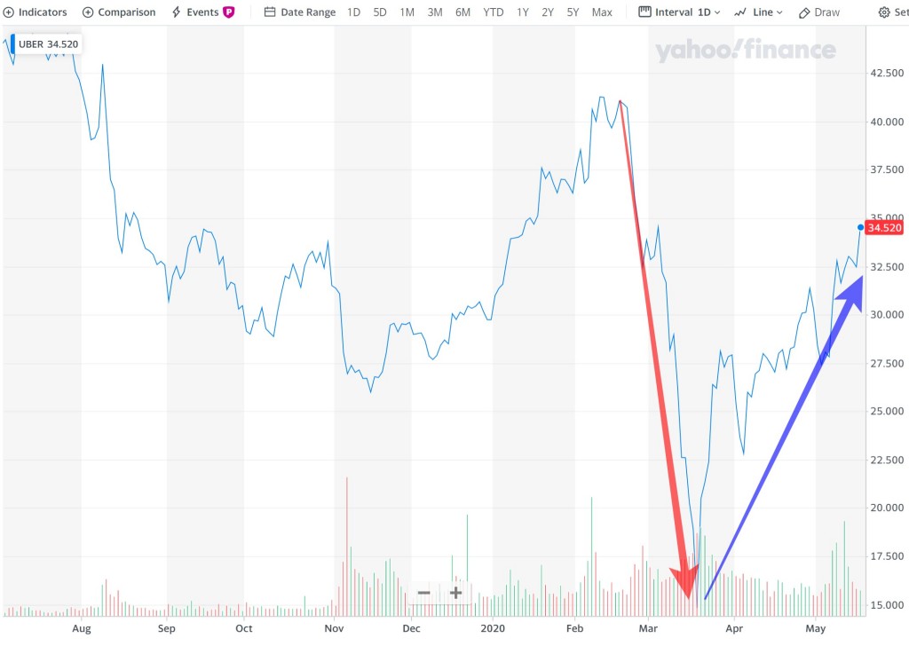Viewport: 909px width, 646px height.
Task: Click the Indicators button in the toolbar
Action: click(36, 12)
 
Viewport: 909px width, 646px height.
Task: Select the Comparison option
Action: click(119, 12)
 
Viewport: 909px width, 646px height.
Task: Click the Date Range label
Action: click(300, 12)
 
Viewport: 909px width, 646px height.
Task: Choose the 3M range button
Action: click(435, 12)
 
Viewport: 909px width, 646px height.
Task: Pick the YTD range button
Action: click(493, 12)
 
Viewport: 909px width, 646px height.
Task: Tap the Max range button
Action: click(602, 12)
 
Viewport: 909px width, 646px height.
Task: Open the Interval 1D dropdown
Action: click(679, 12)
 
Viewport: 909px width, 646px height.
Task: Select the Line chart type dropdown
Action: click(759, 12)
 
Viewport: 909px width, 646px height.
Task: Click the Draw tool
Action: click(819, 12)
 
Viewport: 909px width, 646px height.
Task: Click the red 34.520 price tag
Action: click(884, 228)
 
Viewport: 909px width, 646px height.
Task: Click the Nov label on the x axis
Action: click(334, 628)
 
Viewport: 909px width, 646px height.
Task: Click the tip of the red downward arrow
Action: click(687, 596)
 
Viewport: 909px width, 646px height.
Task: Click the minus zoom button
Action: click(423, 593)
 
